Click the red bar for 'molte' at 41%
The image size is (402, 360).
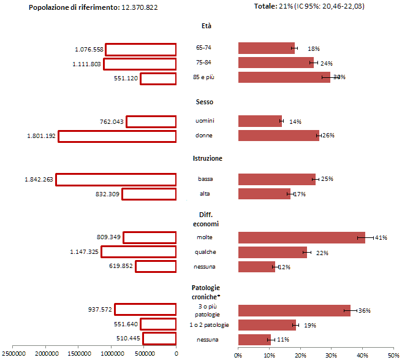tap(301, 237)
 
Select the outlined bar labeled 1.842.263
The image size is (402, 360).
tap(116, 179)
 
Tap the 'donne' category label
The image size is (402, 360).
tap(204, 136)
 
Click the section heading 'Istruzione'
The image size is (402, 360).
tap(207, 158)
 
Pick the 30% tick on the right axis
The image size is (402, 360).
tap(331, 354)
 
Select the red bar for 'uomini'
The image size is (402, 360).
tap(260, 121)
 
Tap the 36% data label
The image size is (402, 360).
tap(365, 311)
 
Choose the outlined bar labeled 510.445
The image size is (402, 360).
tap(159, 339)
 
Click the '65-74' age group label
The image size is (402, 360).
tap(204, 47)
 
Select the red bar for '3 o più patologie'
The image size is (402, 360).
tap(294, 310)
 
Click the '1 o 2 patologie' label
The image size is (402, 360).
tap(205, 324)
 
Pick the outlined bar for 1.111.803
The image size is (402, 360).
tap(140, 63)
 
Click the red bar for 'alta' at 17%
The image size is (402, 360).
tap(264, 194)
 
